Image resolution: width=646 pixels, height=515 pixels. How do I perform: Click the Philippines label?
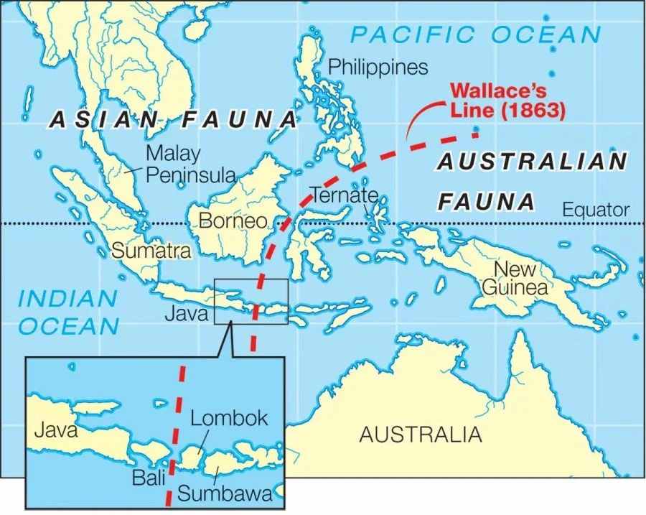(378, 68)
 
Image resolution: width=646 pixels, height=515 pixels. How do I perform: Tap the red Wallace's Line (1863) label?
(507, 102)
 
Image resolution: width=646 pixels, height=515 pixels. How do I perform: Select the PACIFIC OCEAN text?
(475, 34)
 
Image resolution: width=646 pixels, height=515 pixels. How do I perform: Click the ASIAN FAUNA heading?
(172, 120)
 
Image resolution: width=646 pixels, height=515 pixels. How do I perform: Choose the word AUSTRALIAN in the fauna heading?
(532, 162)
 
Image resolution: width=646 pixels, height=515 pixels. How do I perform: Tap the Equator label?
(596, 210)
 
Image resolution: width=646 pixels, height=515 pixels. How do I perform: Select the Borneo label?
(233, 221)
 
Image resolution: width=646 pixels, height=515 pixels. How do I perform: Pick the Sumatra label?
(151, 251)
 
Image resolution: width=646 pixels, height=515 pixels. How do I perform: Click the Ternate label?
(344, 195)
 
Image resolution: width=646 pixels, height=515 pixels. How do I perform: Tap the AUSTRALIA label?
(420, 435)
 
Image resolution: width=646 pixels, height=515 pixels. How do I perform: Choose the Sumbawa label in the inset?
(225, 493)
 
